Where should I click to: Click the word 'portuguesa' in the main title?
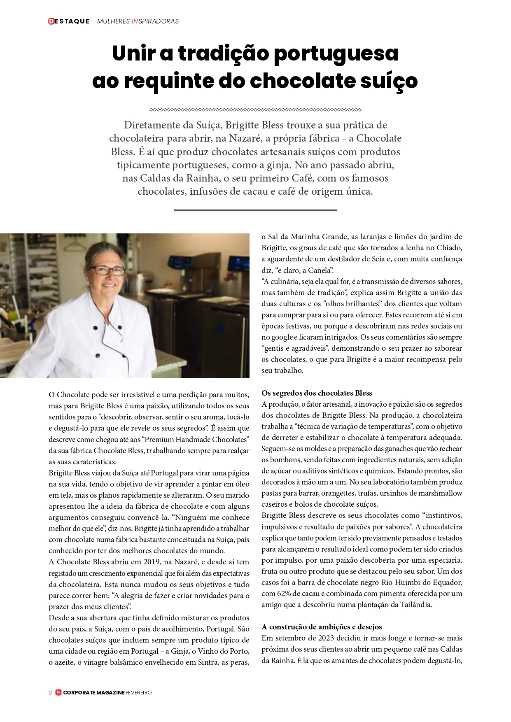(336, 54)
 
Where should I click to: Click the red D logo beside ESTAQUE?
(51, 21)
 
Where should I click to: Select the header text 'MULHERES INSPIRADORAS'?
(138, 21)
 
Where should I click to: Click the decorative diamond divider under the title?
(255, 110)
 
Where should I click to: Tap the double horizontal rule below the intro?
(255, 210)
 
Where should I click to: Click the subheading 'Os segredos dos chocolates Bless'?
(317, 393)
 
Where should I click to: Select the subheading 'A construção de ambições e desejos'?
(322, 627)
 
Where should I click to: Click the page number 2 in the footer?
(50, 693)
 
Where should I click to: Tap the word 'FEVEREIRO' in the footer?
(139, 693)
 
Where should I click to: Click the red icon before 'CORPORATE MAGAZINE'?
(58, 693)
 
